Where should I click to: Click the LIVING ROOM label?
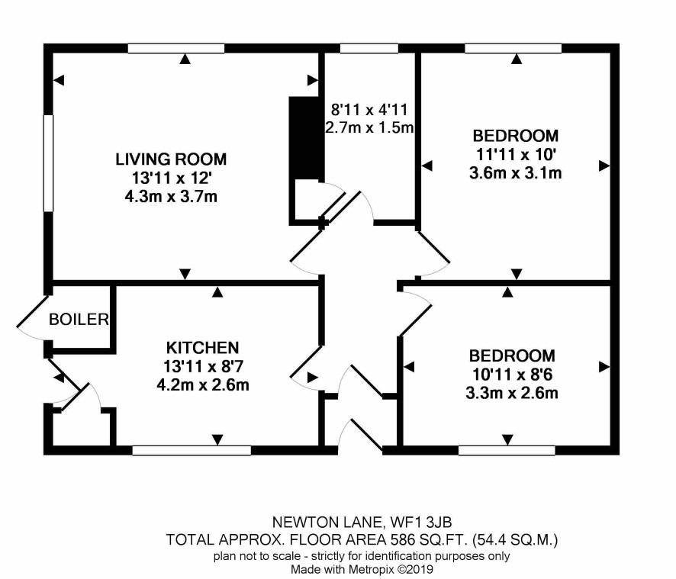(x=171, y=159)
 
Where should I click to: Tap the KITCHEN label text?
(x=203, y=348)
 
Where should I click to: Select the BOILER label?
(x=79, y=320)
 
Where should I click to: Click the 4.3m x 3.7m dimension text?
(x=171, y=197)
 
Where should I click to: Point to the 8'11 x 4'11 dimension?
(x=369, y=110)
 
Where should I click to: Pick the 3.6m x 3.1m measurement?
(x=515, y=173)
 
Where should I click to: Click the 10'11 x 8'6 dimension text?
(x=512, y=375)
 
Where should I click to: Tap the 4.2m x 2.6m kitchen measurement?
(x=203, y=384)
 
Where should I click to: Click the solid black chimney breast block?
(x=306, y=138)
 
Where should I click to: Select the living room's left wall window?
(x=48, y=163)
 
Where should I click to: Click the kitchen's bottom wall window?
(x=192, y=451)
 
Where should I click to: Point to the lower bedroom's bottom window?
(x=507, y=451)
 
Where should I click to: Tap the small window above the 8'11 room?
(x=369, y=48)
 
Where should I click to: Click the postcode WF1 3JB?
(x=420, y=522)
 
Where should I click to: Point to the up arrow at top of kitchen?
(x=217, y=292)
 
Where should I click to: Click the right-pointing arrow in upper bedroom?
(x=604, y=166)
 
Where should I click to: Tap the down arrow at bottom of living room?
(x=185, y=274)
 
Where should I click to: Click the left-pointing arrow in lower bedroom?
(x=409, y=367)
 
